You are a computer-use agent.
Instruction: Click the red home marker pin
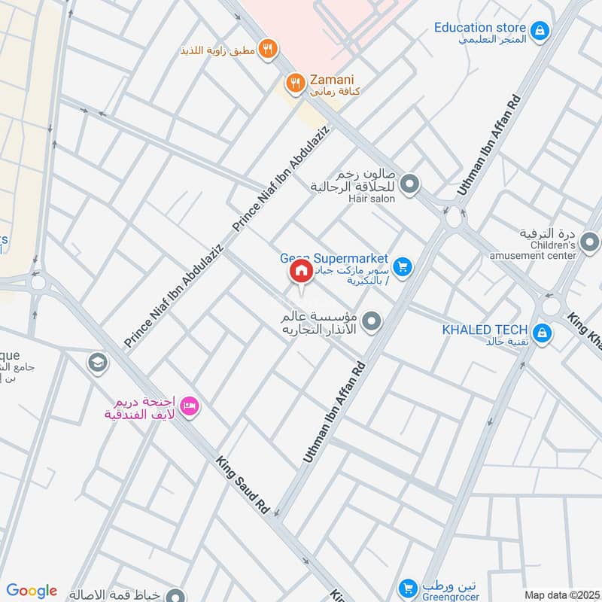pos(300,272)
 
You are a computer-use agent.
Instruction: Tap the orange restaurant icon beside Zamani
pos(296,83)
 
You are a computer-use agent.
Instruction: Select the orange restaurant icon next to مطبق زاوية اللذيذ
pos(267,50)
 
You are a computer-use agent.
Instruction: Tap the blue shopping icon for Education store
pos(539,31)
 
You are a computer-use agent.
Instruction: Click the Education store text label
pos(479,28)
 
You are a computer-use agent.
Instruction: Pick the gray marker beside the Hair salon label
pos(409,184)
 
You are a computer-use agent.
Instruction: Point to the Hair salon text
pos(371,199)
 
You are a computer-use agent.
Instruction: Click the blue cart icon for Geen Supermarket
pos(403,267)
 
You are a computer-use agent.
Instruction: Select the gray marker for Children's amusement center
pos(591,242)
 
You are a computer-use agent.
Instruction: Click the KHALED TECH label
pos(485,330)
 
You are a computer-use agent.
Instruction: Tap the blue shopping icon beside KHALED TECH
pos(540,332)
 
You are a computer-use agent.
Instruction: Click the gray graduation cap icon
pos(96,363)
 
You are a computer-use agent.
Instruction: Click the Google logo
pos(32,591)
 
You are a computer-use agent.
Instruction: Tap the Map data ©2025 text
pos(561,594)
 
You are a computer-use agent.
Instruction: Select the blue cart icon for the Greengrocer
pos(407,588)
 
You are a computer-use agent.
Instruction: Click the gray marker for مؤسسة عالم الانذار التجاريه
pos(370,323)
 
